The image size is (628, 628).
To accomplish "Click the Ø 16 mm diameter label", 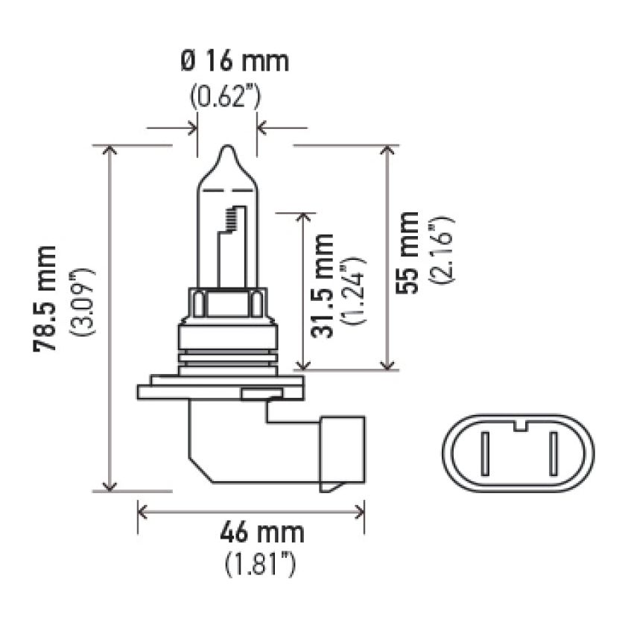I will click(234, 61).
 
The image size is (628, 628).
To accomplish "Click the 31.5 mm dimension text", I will click(323, 286).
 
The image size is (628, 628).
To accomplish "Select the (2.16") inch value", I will click(440, 251).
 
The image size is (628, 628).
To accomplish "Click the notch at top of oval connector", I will click(518, 427).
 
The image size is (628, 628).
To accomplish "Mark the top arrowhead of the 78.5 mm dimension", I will click(110, 150).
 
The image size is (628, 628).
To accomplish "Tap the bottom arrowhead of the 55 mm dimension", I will click(387, 364).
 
